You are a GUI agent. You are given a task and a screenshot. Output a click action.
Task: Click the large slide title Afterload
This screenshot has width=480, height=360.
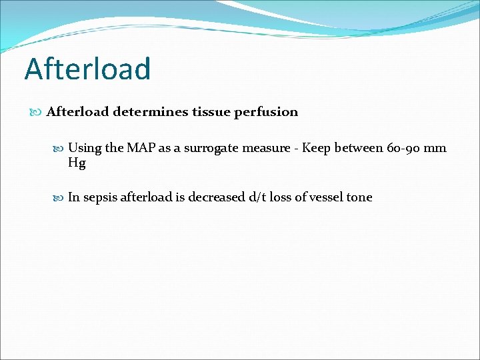87,69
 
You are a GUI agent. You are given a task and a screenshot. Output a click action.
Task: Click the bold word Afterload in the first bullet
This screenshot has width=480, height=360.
77,112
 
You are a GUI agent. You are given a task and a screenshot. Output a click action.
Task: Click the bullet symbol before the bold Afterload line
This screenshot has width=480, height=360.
37,112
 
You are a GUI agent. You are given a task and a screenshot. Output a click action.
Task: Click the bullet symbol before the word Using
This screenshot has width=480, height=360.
59,148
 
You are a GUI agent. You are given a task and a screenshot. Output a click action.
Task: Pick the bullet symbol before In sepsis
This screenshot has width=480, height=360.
59,197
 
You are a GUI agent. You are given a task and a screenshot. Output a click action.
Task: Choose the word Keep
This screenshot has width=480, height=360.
317,148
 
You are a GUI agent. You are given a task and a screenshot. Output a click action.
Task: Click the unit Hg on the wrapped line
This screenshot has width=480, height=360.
77,163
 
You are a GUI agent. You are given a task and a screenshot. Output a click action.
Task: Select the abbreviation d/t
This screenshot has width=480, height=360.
257,197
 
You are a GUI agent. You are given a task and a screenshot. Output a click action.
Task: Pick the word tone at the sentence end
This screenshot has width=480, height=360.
359,197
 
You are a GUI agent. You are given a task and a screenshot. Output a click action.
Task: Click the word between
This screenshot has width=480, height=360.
361,148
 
